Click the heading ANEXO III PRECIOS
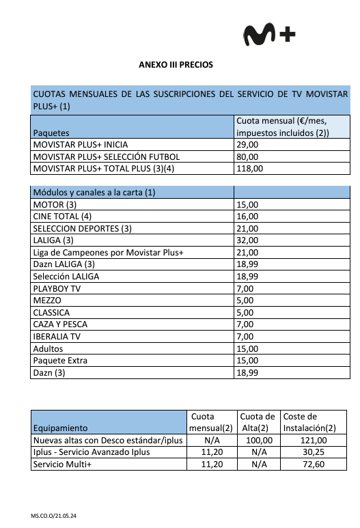point(176,65)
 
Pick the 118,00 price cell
point(249,168)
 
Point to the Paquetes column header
point(55,133)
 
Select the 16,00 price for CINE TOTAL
point(247,217)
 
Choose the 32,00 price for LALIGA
point(247,240)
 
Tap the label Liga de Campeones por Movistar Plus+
point(109,253)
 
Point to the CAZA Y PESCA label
point(60,324)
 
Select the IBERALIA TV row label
point(57,336)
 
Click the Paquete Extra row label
point(60,360)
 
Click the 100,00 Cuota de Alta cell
point(258,440)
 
